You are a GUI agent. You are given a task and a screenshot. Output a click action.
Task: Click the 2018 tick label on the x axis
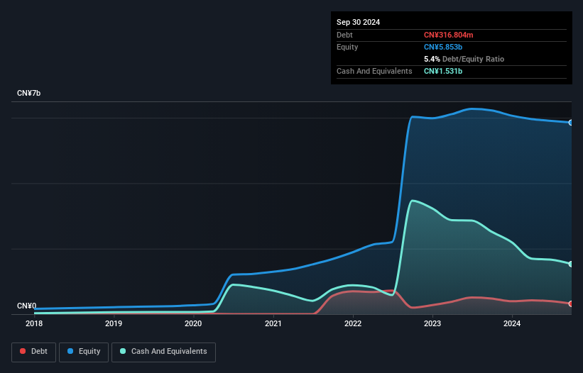[34, 324]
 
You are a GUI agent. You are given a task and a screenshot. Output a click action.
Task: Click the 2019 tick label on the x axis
[114, 324]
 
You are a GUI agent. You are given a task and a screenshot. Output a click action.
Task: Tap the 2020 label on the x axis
[193, 324]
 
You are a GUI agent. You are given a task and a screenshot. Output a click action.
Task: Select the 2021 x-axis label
[273, 324]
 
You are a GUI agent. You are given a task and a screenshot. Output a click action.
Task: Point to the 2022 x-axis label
[353, 324]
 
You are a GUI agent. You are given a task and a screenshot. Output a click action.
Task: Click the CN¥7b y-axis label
[29, 94]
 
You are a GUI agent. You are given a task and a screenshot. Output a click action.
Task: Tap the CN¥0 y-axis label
[26, 306]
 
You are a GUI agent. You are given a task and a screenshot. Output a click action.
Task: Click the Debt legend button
[33, 352]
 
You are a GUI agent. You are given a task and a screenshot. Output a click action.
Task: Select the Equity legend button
[84, 352]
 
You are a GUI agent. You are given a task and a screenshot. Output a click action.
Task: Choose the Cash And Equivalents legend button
[163, 352]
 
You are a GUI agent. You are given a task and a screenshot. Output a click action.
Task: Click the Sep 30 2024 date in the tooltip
[359, 22]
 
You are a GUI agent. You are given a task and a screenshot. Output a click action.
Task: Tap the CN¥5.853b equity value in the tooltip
[444, 47]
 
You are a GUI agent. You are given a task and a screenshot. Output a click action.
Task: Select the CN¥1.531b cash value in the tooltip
[443, 71]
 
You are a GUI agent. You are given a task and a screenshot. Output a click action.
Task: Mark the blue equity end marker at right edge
[571, 123]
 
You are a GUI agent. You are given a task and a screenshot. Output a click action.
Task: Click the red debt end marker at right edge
[571, 304]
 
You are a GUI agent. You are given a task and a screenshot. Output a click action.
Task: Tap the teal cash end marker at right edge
[571, 264]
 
